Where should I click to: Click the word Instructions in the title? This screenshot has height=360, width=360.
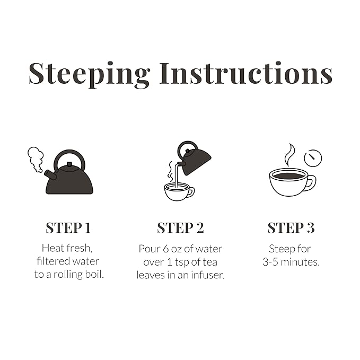[x=246, y=73]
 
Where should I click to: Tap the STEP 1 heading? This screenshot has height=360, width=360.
[x=68, y=228]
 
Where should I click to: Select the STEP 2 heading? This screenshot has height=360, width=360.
[x=180, y=228]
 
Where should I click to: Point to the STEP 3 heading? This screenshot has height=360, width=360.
[x=291, y=228]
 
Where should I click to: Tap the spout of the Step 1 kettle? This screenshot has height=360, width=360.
[x=50, y=175]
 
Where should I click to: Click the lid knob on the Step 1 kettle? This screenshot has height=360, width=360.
[x=69, y=164]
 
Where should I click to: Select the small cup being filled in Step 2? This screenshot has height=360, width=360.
[x=179, y=192]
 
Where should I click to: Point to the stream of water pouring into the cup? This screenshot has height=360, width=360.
[x=177, y=175]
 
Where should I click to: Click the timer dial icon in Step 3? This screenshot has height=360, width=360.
[x=313, y=158]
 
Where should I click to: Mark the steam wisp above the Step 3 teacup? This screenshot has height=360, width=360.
[x=289, y=155]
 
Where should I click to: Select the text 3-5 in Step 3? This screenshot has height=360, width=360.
[x=270, y=262]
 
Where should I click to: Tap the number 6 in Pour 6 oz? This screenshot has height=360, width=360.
[x=166, y=249]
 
